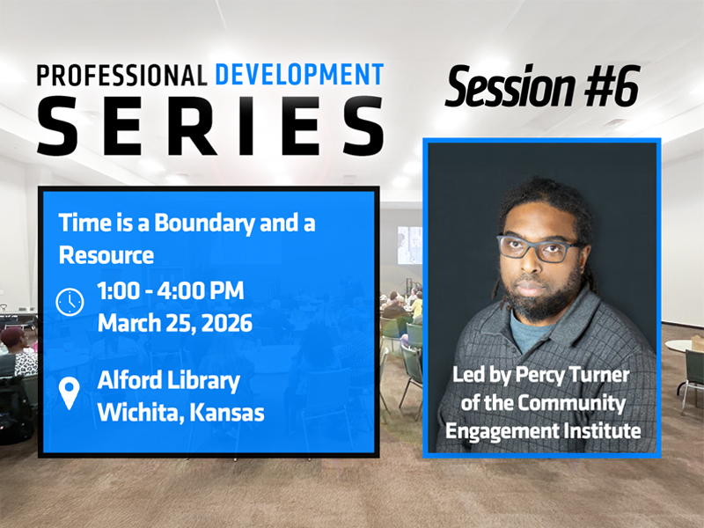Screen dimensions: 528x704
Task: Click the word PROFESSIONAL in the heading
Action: coord(118,75)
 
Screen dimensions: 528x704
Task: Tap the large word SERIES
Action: coord(209,125)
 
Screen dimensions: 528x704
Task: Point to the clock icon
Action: coord(70,302)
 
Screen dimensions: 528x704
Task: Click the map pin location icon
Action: coord(70,393)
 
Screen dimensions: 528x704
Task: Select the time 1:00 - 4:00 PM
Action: coord(171,291)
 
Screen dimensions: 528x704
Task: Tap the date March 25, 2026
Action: coord(175,323)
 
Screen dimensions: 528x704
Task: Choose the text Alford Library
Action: coord(168,381)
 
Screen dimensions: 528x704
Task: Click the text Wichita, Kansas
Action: coord(180,412)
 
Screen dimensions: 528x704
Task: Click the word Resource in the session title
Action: coord(106,255)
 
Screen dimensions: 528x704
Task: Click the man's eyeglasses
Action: coord(540,247)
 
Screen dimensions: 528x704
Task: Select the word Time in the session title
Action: coord(79,223)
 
